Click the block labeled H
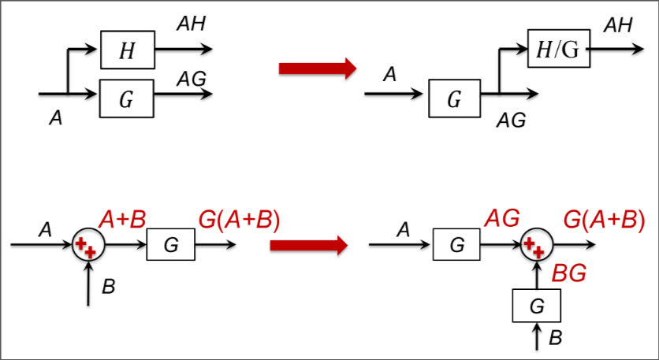(x=127, y=52)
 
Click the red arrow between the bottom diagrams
(x=308, y=246)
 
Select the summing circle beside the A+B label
(x=85, y=245)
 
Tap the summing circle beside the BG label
(x=536, y=245)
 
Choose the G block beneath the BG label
(x=536, y=305)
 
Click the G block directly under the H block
(x=127, y=98)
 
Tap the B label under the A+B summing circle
(x=109, y=287)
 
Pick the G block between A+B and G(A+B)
(x=171, y=245)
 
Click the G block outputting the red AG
(x=456, y=245)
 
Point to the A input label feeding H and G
(x=55, y=118)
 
